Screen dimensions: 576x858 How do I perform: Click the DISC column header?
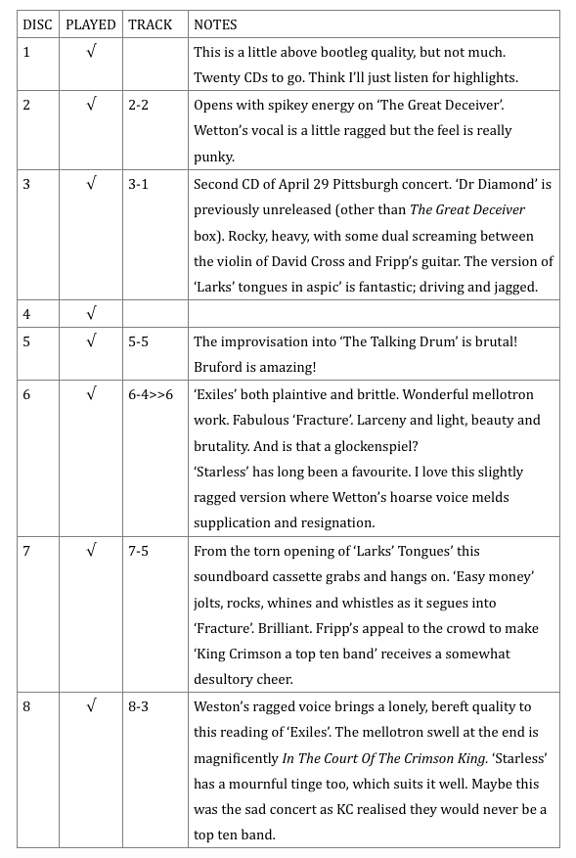coord(37,24)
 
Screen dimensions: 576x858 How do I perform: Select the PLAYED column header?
coord(90,24)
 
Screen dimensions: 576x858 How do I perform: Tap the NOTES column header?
coord(215,24)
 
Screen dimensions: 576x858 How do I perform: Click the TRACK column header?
coord(149,24)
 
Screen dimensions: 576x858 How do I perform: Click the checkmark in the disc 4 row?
coord(90,314)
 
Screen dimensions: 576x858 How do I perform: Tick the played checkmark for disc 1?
coord(90,52)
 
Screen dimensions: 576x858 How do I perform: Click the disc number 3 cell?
coord(26,183)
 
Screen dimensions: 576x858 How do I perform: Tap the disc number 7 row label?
coord(26,551)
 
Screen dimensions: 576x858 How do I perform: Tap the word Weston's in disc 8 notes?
coord(223,705)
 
